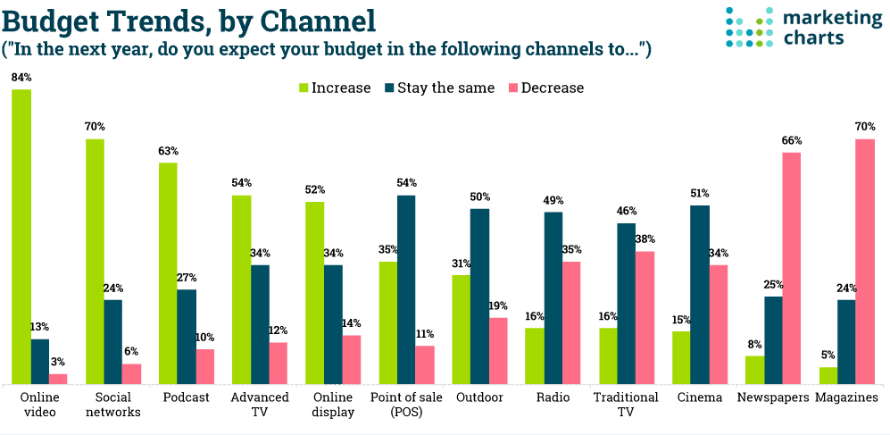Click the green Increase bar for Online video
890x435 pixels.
(21, 237)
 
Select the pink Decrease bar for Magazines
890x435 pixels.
(864, 262)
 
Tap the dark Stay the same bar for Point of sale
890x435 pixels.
(406, 289)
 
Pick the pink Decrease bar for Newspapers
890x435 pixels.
(791, 268)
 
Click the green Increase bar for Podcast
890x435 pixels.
(168, 273)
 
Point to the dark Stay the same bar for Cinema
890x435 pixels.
(699, 295)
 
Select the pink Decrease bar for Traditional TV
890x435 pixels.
(645, 317)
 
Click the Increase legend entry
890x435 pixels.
(334, 88)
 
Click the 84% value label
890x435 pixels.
(21, 79)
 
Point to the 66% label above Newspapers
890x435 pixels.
(791, 141)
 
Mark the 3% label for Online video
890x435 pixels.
(58, 362)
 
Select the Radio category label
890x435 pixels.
(553, 397)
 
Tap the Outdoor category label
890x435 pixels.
(479, 397)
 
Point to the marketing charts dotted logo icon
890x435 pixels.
(747, 27)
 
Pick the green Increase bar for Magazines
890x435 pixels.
(828, 375)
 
